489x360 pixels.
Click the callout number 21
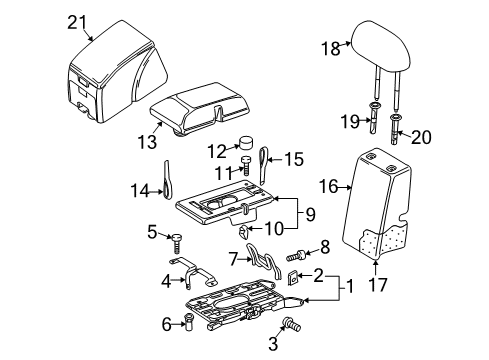[x=77, y=23]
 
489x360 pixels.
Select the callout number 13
[x=147, y=142]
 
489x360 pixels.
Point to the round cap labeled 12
[x=245, y=143]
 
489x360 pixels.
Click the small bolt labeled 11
[x=246, y=165]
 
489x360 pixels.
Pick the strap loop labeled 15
[x=264, y=165]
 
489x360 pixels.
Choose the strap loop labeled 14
[x=168, y=180]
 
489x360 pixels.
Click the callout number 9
[x=310, y=214]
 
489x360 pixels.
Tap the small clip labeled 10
[x=244, y=231]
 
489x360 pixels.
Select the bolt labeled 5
[x=177, y=244]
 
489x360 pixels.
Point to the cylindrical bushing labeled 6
[x=189, y=322]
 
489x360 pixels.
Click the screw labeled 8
[x=296, y=256]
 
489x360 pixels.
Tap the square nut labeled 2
[x=292, y=277]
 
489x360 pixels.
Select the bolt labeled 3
[x=291, y=324]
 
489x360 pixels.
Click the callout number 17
[x=378, y=285]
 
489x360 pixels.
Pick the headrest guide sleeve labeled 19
[x=375, y=118]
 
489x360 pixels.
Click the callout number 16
[x=329, y=186]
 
